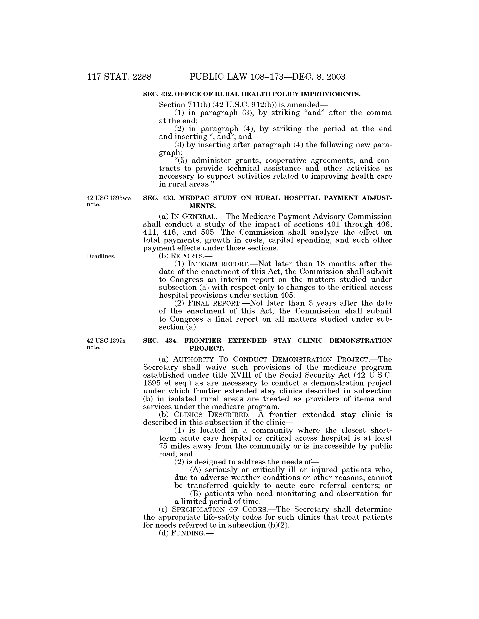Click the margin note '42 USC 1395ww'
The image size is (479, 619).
pos(109,198)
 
